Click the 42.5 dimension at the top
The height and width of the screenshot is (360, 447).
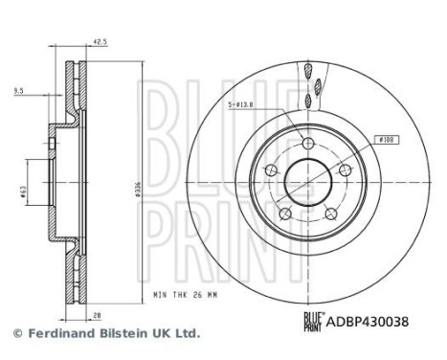click(x=99, y=41)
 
